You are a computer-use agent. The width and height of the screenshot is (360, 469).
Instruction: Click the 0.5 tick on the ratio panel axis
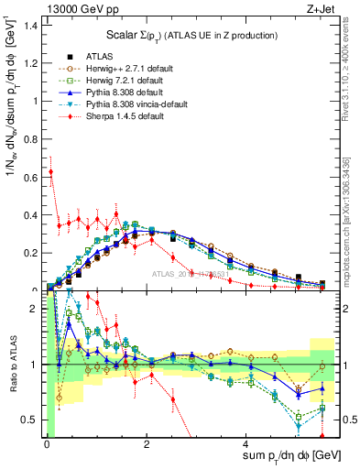32,420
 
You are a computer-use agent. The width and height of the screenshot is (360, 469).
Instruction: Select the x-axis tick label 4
247,446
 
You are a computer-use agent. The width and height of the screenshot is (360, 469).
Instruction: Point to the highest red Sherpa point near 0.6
51,171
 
